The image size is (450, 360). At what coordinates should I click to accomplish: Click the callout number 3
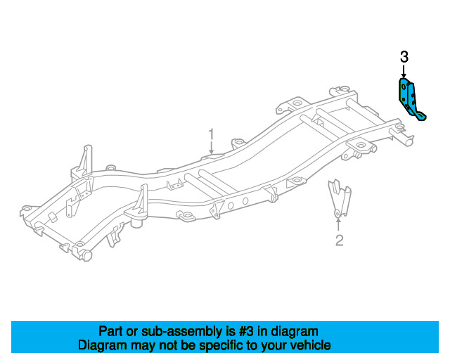click(x=404, y=57)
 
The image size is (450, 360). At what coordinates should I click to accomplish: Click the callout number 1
click(x=211, y=134)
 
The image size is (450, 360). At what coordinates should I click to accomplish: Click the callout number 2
click(x=339, y=240)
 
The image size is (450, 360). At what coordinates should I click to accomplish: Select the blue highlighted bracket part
click(x=411, y=99)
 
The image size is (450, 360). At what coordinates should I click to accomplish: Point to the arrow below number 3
click(x=404, y=72)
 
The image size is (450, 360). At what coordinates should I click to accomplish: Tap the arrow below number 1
click(x=211, y=147)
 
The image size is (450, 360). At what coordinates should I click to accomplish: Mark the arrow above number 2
click(x=339, y=224)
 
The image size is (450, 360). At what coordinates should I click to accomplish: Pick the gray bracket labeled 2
click(x=340, y=199)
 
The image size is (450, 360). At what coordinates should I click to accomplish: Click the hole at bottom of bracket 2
click(x=337, y=213)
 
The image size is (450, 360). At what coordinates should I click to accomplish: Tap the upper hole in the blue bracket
click(x=404, y=86)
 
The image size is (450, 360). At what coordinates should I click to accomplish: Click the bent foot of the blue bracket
click(x=420, y=116)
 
